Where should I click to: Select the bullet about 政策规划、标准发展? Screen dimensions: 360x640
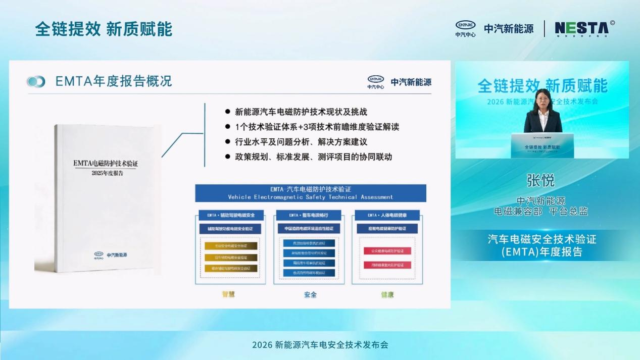tap(314, 157)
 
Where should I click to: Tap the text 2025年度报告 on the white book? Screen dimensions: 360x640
tap(107, 173)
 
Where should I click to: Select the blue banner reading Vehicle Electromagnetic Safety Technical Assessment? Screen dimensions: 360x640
tap(311, 193)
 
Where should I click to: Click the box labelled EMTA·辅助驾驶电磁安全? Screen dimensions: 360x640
tap(230, 215)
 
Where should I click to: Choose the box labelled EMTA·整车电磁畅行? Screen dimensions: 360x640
tap(308, 215)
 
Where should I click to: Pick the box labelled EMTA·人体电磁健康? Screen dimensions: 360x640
tap(387, 215)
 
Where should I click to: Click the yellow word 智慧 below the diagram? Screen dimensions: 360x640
tap(228, 294)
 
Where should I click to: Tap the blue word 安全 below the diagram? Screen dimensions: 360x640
tap(310, 294)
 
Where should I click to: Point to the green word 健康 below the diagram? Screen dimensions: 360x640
tap(387, 294)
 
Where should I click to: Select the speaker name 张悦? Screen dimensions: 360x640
tap(540, 180)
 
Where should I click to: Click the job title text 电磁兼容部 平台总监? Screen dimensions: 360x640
tap(540, 212)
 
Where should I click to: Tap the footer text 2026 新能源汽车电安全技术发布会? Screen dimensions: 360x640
tap(320, 345)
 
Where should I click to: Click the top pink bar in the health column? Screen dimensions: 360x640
tap(387, 250)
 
